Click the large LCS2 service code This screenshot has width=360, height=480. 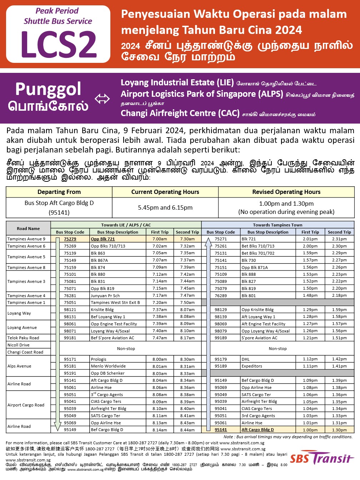[58, 44]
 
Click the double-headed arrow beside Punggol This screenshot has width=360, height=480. [102, 99]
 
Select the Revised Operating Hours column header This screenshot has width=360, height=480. [286, 192]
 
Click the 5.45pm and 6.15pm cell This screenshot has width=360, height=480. [165, 207]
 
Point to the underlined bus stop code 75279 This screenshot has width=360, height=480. [70, 239]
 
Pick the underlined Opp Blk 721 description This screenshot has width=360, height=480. [103, 239]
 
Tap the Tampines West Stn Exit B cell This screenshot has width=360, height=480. [115, 302]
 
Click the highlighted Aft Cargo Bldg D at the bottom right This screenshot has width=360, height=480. [257, 430]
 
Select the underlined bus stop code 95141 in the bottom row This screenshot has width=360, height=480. [221, 430]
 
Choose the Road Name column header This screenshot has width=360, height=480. [28, 229]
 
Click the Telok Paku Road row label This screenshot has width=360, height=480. [23, 337]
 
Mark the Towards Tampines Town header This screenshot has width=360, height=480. [277, 225]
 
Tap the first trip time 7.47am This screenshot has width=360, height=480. [160, 337]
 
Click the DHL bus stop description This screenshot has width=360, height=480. [245, 359]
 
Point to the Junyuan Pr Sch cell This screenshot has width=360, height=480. [105, 295]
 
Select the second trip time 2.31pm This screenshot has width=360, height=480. [339, 239]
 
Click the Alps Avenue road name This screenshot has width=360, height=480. [19, 366]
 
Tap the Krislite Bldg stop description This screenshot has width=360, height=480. [102, 310]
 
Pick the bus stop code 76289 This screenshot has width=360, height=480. [221, 295]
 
